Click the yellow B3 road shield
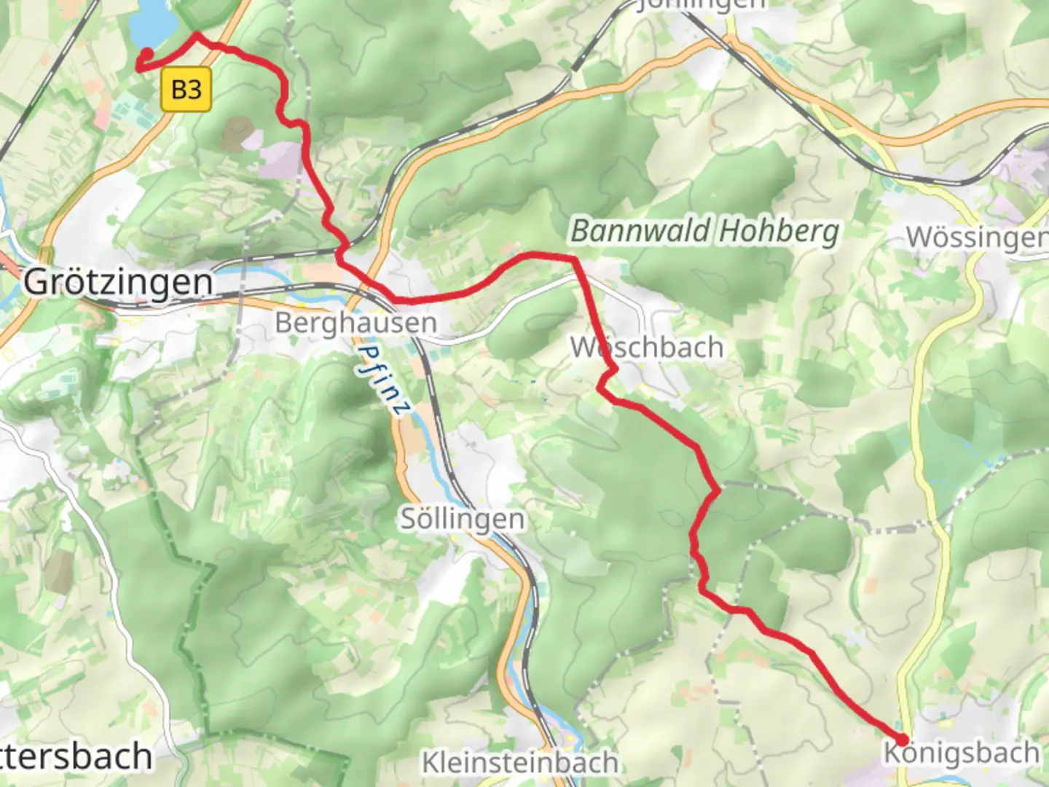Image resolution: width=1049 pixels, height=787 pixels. (x=186, y=90)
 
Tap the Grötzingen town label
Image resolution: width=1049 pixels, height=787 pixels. (x=118, y=282)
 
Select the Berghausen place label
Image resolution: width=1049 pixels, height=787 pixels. (x=355, y=323)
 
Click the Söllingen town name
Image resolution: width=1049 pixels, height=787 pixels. (x=463, y=519)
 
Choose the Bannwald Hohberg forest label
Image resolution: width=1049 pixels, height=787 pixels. (x=704, y=232)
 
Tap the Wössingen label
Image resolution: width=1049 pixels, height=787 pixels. (x=976, y=237)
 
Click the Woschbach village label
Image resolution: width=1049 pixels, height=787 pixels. (x=646, y=348)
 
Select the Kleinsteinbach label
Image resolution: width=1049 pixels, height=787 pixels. (x=520, y=763)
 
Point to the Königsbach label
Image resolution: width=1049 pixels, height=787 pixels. (x=961, y=753)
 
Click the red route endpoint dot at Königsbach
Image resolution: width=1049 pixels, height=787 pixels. (x=901, y=740)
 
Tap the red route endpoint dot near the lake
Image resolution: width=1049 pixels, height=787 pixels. (x=146, y=53)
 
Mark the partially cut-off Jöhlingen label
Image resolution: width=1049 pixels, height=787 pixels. (x=701, y=4)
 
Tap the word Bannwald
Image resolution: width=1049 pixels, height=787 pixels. (x=640, y=232)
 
